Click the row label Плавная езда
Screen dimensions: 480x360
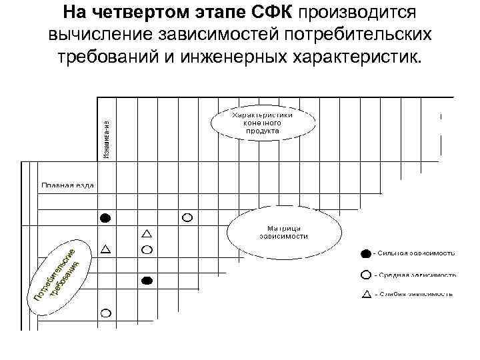click(67, 185)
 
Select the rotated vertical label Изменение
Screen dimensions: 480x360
click(107, 139)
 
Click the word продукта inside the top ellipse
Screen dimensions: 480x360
click(262, 131)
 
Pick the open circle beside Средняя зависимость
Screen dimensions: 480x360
click(365, 274)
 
